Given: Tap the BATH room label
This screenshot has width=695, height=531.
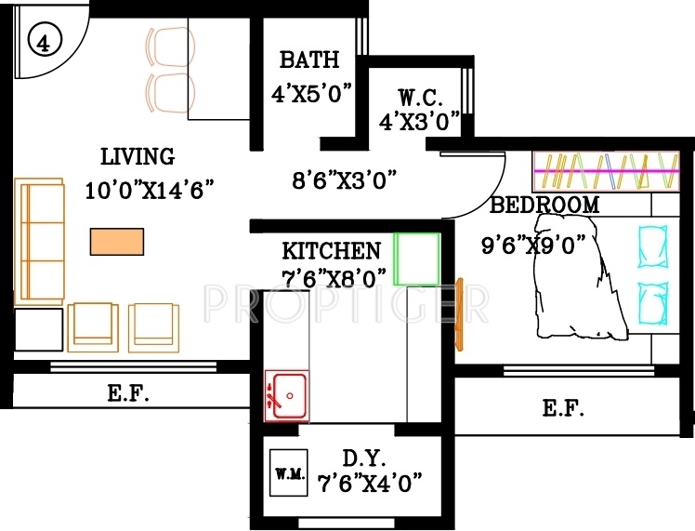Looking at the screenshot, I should tap(309, 61).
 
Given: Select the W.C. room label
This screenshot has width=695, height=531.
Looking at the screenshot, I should tap(421, 97).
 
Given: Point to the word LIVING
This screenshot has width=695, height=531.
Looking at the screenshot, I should tap(138, 156).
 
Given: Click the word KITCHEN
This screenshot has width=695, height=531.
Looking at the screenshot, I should tap(331, 251).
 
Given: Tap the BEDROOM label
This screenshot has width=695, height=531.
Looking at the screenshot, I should tap(544, 206).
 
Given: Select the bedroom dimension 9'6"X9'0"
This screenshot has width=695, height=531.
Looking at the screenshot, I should tap(532, 245).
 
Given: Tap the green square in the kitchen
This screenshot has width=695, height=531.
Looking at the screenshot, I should tap(416, 259).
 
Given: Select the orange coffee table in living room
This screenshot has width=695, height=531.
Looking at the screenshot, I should tap(117, 242).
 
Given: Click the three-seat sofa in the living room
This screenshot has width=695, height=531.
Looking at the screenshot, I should tap(39, 242).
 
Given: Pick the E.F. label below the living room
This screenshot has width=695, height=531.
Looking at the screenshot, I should tap(129, 393).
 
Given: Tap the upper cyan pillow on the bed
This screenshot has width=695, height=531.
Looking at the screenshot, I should tap(653, 245).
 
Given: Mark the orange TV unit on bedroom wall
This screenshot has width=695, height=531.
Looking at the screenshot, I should tap(458, 313).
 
